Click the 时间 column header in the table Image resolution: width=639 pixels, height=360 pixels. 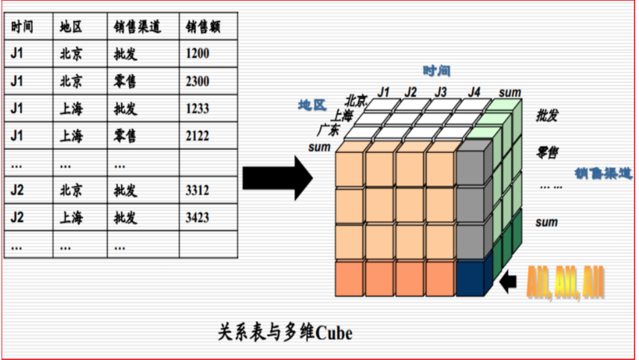pyautogui.click(x=22, y=27)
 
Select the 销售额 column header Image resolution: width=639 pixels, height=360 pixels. pyautogui.click(x=202, y=27)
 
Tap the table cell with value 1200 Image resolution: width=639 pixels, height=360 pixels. pyautogui.click(x=198, y=54)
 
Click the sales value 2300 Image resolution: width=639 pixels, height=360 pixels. pyautogui.click(x=198, y=81)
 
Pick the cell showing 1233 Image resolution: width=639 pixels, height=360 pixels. pyautogui.click(x=198, y=109)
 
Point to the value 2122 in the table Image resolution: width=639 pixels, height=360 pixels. pyautogui.click(x=198, y=136)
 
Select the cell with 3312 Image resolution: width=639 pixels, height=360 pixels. pyautogui.click(x=198, y=191)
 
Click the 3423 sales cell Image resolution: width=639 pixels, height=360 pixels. pyautogui.click(x=198, y=218)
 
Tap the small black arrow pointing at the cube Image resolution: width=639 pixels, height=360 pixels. pyautogui.click(x=509, y=282)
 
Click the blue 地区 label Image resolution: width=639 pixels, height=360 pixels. pyautogui.click(x=312, y=104)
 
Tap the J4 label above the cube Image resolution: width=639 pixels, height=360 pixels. pyautogui.click(x=474, y=92)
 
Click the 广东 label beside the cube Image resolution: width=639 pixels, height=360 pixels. pyautogui.click(x=329, y=130)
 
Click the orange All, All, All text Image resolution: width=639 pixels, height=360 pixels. pyautogui.click(x=565, y=282)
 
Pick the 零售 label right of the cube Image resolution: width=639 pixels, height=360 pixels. pyautogui.click(x=548, y=153)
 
